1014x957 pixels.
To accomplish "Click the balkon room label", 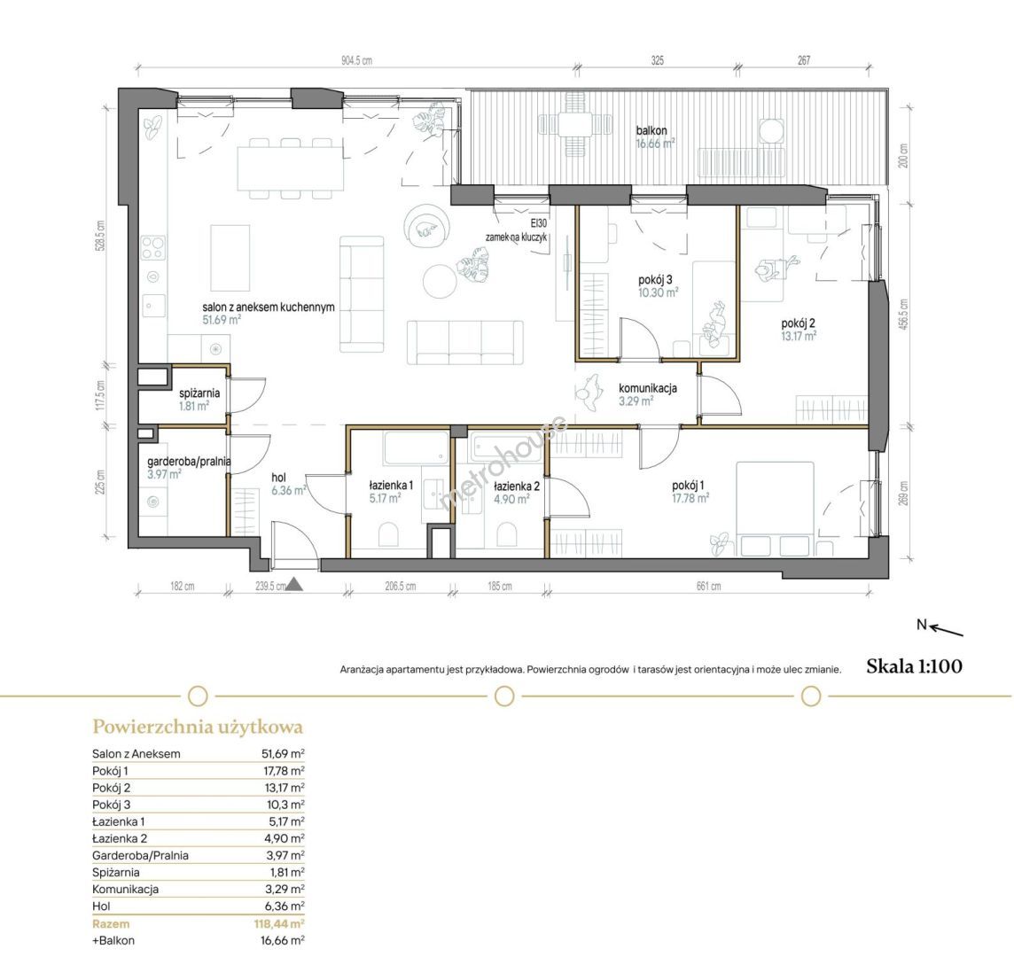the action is (651, 130).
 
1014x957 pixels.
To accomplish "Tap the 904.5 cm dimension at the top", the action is (356, 61).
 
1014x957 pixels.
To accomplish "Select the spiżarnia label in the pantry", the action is (199, 393).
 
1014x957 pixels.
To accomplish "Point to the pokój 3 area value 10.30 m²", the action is (659, 292).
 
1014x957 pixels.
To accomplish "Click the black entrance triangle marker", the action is (295, 585).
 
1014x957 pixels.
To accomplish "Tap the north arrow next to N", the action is (948, 630).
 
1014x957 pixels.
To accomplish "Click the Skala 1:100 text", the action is (914, 666).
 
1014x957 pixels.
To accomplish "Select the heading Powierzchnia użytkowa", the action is (198, 727).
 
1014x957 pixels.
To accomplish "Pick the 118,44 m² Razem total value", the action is (279, 924).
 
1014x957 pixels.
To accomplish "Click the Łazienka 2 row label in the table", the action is (120, 838).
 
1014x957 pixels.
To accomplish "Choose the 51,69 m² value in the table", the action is (283, 753).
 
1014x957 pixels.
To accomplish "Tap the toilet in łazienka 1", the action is (388, 535).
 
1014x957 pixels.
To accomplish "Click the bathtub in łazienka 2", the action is (502, 447).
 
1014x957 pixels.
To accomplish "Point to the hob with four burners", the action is (153, 247).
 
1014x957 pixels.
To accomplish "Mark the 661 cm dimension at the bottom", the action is (708, 587).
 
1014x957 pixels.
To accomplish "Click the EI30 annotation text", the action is (538, 223).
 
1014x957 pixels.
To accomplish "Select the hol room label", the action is (278, 478).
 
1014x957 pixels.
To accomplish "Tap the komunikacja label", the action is (648, 388).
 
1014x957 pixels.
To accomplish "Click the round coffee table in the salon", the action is (441, 281).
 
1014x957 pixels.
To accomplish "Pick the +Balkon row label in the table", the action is (113, 941).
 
